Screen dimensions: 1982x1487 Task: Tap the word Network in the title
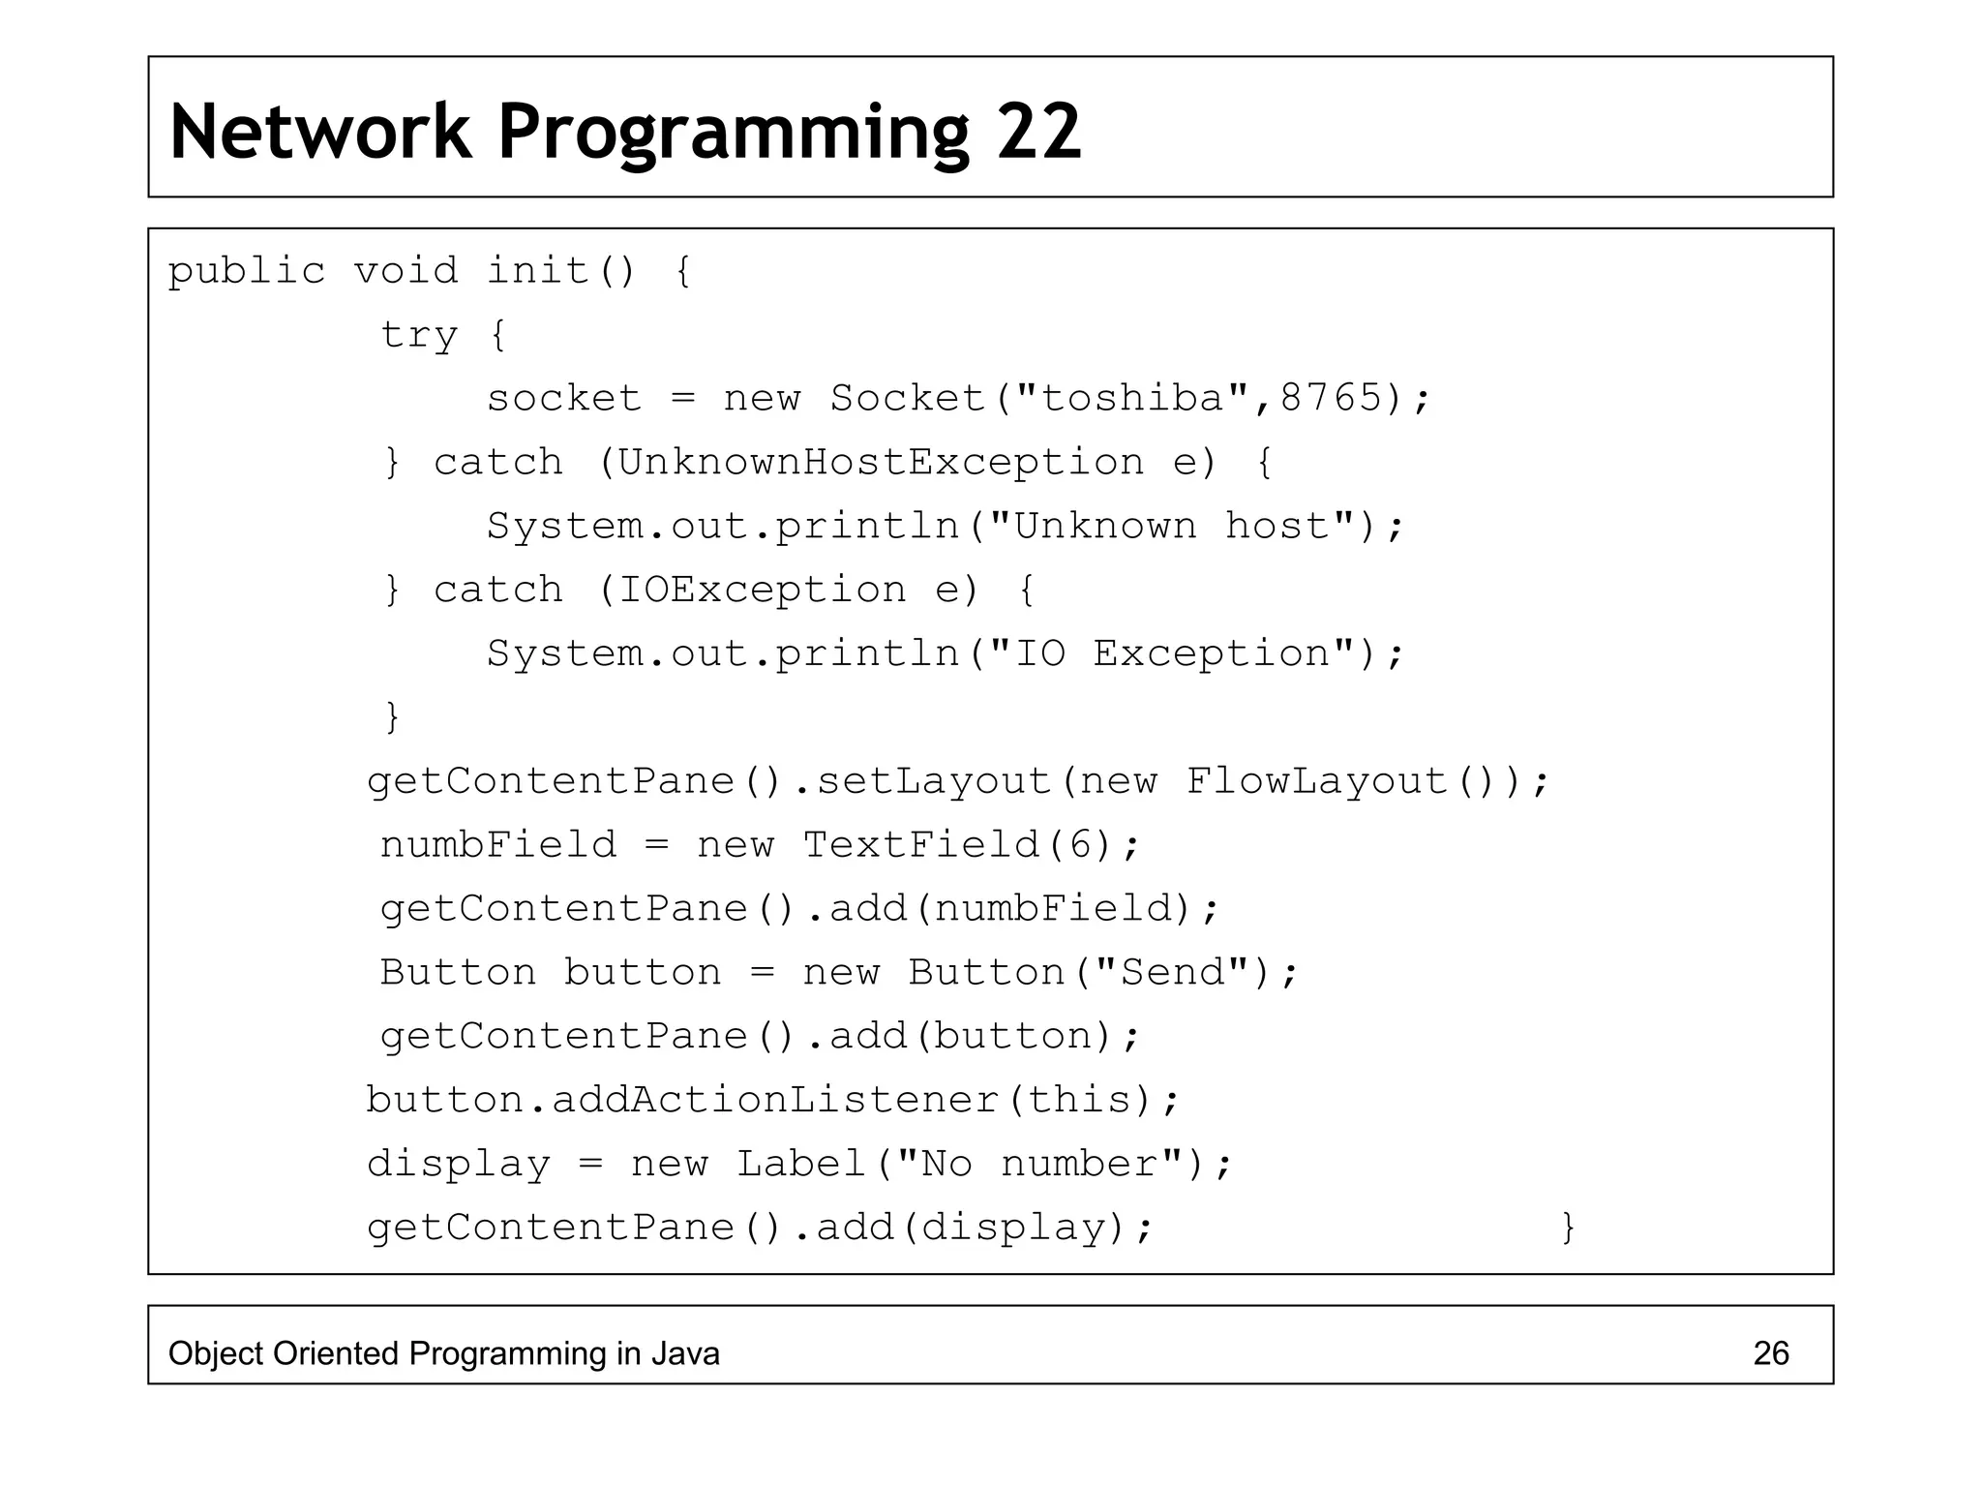pos(320,132)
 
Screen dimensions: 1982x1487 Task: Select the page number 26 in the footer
pos(1770,1353)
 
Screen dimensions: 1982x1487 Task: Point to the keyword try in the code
pos(418,335)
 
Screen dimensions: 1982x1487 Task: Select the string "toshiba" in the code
pos(1131,398)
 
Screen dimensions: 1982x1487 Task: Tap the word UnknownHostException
pos(881,462)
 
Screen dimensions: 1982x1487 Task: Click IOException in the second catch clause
pos(763,590)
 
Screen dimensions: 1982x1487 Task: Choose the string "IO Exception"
pos(1172,653)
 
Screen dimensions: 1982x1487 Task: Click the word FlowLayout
pos(1316,781)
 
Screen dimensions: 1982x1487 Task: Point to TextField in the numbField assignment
pos(921,845)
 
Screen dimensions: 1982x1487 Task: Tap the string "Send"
pos(1172,972)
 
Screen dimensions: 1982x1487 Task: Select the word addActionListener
pos(774,1100)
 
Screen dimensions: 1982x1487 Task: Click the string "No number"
pos(1040,1164)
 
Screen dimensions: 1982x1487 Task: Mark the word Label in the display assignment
pos(801,1164)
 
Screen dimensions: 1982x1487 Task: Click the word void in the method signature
pos(405,271)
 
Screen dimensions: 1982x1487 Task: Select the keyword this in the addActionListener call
pos(1079,1100)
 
